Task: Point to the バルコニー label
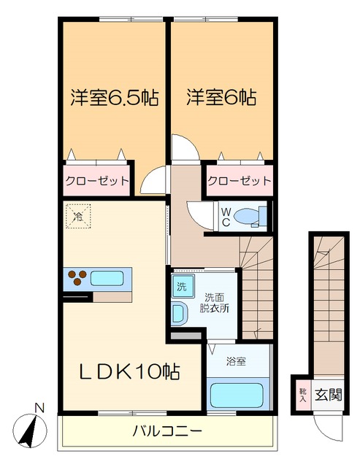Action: pos(167,431)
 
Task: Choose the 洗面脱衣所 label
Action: pos(216,302)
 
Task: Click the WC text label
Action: pos(227,216)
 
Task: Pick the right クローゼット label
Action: pos(239,180)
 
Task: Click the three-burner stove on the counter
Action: pos(77,277)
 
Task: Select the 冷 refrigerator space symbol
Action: pos(77,215)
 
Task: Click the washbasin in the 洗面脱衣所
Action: pos(180,313)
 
